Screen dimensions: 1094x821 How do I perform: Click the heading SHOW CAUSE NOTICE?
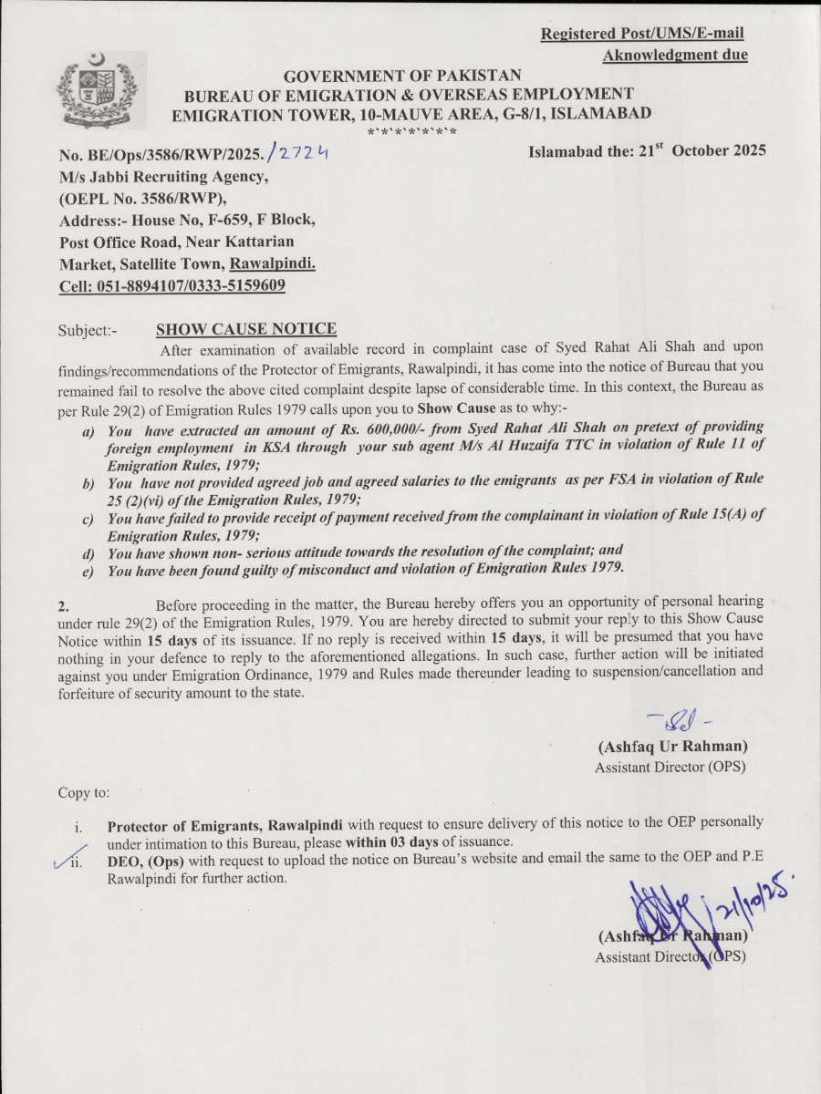click(246, 329)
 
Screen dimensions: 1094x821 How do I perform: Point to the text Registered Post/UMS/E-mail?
click(642, 34)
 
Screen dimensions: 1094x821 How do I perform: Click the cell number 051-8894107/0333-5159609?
click(172, 285)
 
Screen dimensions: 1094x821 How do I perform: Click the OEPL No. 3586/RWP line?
click(144, 198)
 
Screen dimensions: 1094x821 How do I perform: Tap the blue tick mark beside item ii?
click(66, 857)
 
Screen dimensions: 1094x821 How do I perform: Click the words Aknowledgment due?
click(675, 56)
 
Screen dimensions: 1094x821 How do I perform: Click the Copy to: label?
click(84, 792)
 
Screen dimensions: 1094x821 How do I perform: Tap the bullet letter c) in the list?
click(89, 517)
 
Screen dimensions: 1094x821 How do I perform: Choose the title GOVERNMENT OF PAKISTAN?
click(402, 76)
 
